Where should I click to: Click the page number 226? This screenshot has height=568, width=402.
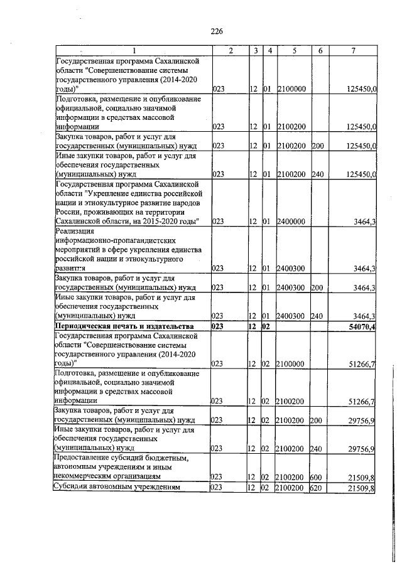coord(217,31)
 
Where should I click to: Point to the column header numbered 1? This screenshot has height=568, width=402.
coord(133,51)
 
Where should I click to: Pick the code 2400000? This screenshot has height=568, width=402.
coord(291,221)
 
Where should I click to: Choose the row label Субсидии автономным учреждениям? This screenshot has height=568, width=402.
coord(117,487)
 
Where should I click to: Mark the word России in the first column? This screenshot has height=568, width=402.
coord(68,212)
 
